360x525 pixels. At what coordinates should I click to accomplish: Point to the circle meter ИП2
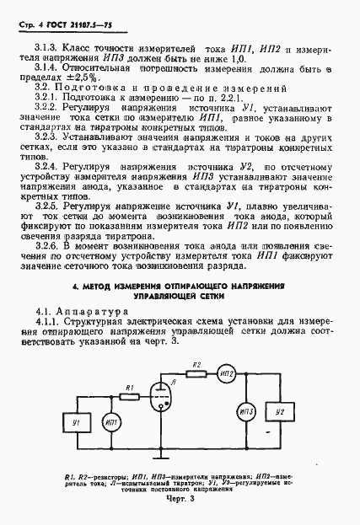point(225,373)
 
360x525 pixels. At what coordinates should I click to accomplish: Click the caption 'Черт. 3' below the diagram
point(179,500)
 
